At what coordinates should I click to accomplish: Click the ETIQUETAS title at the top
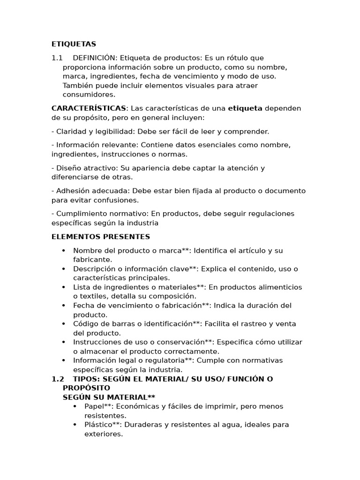(x=74, y=44)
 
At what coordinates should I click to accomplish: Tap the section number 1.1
(x=57, y=58)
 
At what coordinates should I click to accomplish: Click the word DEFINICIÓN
(x=94, y=58)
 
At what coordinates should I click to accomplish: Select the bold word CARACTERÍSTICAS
(x=89, y=108)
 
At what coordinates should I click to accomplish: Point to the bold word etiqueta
(x=245, y=108)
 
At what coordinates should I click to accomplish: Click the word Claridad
(x=70, y=131)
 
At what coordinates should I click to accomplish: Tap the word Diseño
(x=67, y=168)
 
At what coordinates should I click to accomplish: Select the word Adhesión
(x=71, y=191)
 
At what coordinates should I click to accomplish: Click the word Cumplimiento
(x=78, y=214)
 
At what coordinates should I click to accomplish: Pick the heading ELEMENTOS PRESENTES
(x=101, y=237)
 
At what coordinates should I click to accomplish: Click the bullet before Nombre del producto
(x=63, y=251)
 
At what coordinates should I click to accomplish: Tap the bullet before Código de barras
(x=63, y=324)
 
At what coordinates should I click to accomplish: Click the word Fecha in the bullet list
(x=82, y=306)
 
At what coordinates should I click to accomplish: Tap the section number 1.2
(x=57, y=379)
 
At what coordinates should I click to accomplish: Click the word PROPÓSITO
(x=86, y=388)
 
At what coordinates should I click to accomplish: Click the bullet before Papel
(x=75, y=406)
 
